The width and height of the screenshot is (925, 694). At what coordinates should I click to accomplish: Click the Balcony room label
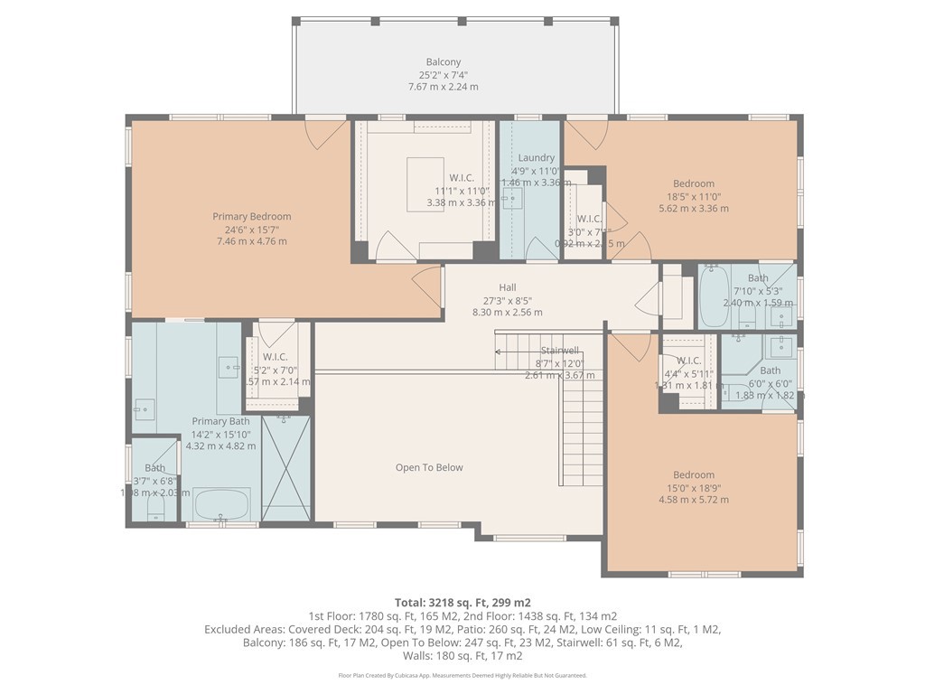tap(443, 62)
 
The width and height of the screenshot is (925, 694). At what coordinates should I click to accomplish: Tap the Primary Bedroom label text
tap(252, 217)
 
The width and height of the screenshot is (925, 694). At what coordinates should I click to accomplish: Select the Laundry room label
tap(536, 158)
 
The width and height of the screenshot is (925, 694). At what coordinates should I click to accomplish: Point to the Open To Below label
tap(429, 467)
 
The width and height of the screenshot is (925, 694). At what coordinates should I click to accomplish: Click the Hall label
tap(507, 287)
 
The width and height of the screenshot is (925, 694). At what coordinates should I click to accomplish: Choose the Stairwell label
tap(559, 350)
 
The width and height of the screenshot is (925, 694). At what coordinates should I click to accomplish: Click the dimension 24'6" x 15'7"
tap(252, 230)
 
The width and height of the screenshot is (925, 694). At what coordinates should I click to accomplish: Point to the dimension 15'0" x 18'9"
tap(694, 488)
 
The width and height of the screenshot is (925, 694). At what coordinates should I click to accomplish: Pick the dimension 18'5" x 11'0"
tap(694, 196)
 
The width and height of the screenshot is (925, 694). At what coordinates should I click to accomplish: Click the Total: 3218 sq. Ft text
tap(462, 602)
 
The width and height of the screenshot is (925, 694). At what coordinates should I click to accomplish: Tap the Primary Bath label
tap(220, 421)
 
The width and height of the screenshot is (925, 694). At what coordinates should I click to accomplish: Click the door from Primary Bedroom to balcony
tap(325, 134)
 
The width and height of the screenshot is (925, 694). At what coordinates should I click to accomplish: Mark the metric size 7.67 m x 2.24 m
tap(443, 87)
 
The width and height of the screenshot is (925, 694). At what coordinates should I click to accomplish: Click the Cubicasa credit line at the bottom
tap(462, 675)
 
